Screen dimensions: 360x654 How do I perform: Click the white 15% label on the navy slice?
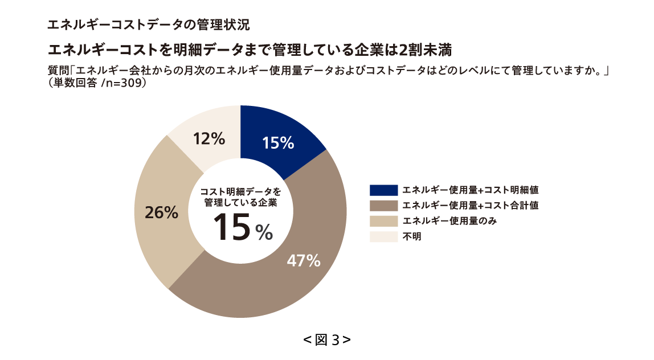[x=278, y=144]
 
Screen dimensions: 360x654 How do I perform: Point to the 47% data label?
[x=303, y=261]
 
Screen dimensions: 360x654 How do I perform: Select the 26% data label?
[x=161, y=213]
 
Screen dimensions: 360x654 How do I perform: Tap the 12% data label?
[x=209, y=138]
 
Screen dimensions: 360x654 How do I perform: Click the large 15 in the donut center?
[x=232, y=226]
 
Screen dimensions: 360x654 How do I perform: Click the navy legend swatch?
[x=383, y=190]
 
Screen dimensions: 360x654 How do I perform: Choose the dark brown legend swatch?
[x=383, y=206]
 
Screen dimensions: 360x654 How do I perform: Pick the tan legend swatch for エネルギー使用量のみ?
[x=383, y=221]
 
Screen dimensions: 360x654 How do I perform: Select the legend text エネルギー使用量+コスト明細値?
[x=470, y=190]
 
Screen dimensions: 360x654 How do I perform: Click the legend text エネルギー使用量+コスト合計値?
[x=470, y=206]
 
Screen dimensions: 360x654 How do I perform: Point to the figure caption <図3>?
[x=327, y=340]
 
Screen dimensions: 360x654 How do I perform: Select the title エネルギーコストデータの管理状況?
[x=148, y=25]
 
